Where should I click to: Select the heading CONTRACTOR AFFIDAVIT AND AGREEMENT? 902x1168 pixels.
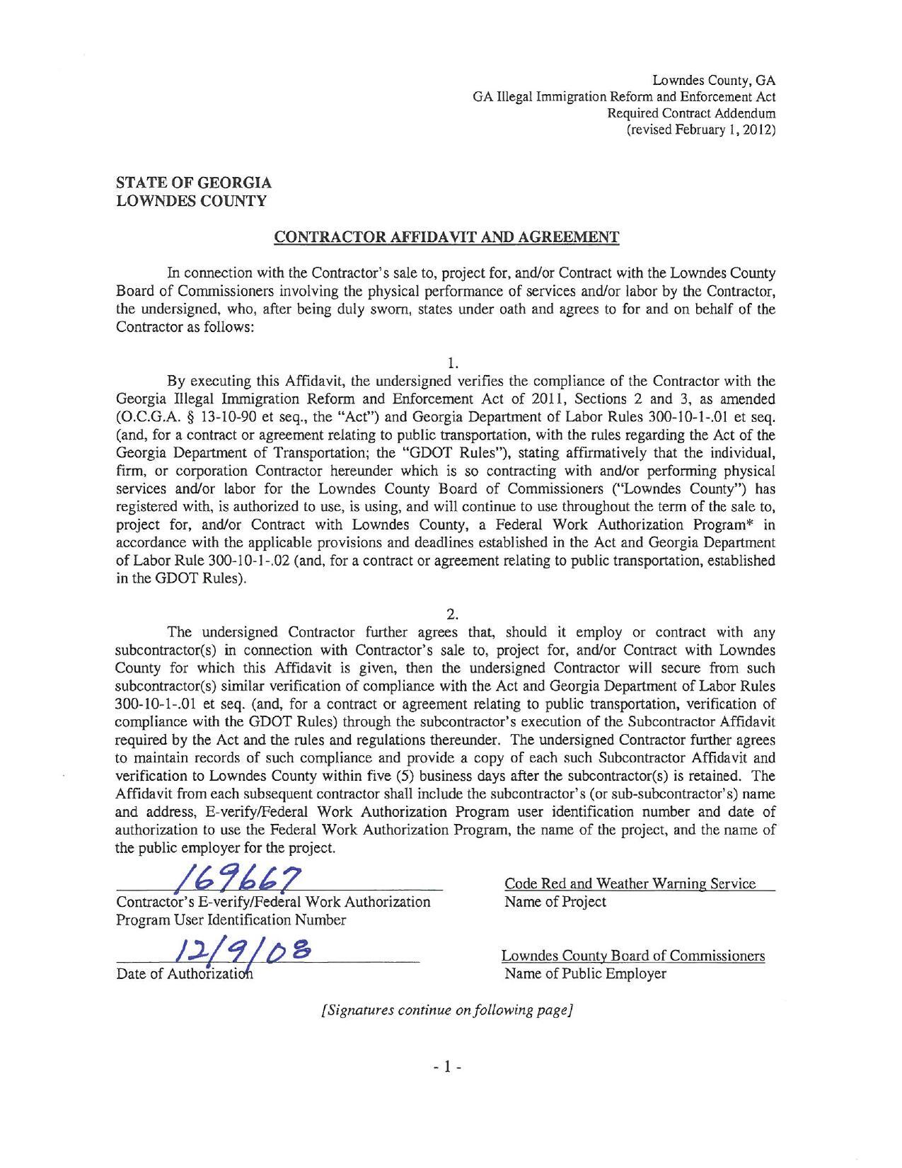[x=446, y=236]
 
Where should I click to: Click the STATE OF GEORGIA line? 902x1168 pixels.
[x=193, y=183]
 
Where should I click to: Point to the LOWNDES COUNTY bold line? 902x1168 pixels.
[x=191, y=200]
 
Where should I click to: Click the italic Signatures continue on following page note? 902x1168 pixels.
[x=446, y=1010]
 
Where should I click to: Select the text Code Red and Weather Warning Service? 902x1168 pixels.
[x=630, y=883]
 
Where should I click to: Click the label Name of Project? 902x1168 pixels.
[x=555, y=902]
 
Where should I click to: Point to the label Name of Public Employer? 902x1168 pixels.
[x=585, y=974]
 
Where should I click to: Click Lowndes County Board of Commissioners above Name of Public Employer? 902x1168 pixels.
[x=633, y=956]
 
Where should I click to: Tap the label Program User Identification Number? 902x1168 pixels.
[x=231, y=920]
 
